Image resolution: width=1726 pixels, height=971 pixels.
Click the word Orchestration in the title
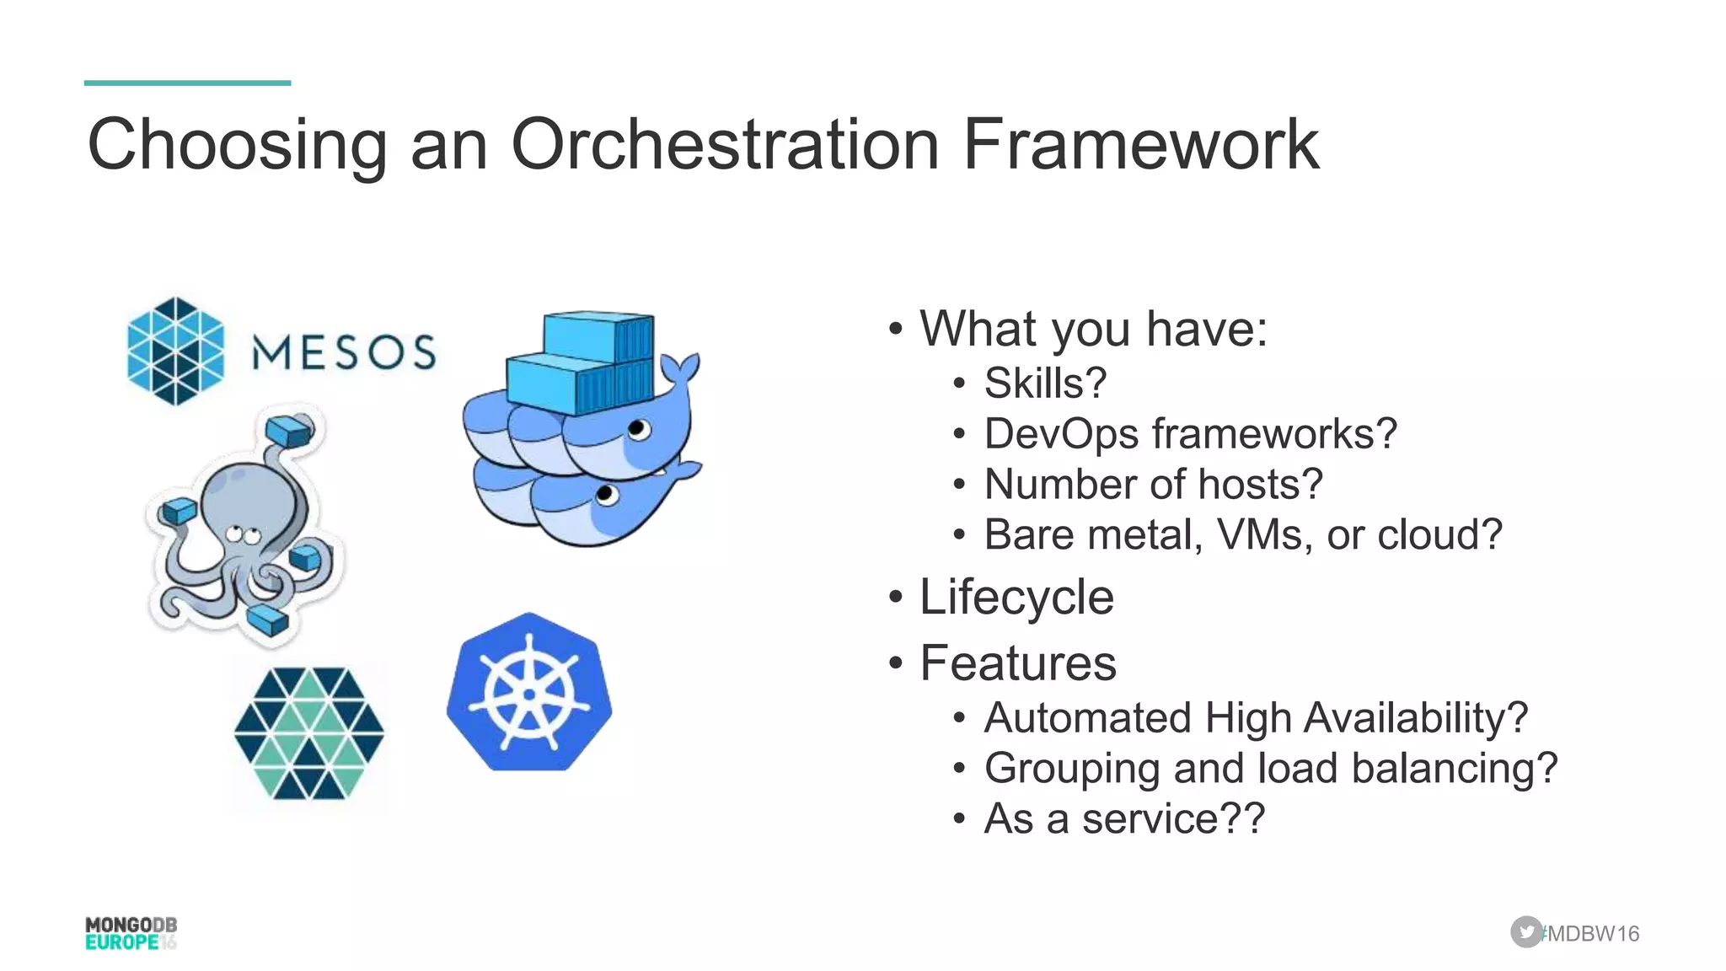tap(725, 145)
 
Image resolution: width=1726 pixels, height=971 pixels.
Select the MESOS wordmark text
tap(344, 352)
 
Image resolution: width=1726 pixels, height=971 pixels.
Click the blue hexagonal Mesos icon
tap(175, 351)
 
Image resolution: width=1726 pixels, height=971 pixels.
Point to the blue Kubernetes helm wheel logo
tap(529, 693)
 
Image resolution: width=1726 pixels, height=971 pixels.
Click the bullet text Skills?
tap(1045, 384)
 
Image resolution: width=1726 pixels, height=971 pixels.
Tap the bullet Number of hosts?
tap(1153, 485)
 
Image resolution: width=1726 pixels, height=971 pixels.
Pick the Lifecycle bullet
tap(1016, 598)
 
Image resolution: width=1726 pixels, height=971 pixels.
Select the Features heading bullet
tap(1018, 663)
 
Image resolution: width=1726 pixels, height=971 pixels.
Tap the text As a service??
tap(1124, 818)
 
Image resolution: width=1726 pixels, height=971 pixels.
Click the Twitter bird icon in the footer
tap(1525, 932)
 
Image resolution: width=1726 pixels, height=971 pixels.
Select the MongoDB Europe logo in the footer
tap(131, 933)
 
